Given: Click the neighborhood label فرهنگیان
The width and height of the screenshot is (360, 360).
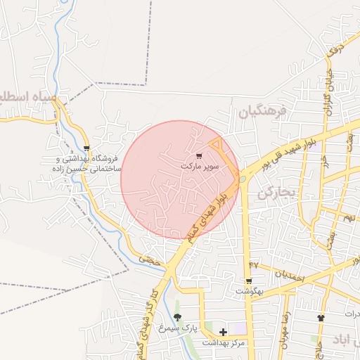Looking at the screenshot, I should [263, 111].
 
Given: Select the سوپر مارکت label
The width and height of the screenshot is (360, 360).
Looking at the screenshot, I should [200, 167].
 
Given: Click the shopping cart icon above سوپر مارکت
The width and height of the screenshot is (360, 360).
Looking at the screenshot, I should [200, 155].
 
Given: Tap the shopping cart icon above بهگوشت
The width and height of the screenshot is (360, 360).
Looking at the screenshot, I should [249, 281].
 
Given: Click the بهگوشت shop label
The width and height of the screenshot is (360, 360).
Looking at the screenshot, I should [249, 291].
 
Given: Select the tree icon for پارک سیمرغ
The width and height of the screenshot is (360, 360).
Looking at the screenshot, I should [177, 317].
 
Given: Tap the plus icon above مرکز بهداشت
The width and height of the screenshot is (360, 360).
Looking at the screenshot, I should [224, 332].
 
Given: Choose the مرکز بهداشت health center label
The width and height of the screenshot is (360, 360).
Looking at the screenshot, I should [224, 343].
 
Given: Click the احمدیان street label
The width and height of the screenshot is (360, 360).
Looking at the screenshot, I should [288, 276].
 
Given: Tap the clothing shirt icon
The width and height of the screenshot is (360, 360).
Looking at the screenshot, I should [321, 318].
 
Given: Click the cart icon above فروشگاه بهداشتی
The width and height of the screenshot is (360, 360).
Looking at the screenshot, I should [86, 148].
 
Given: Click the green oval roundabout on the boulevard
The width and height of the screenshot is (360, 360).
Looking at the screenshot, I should [243, 179].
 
